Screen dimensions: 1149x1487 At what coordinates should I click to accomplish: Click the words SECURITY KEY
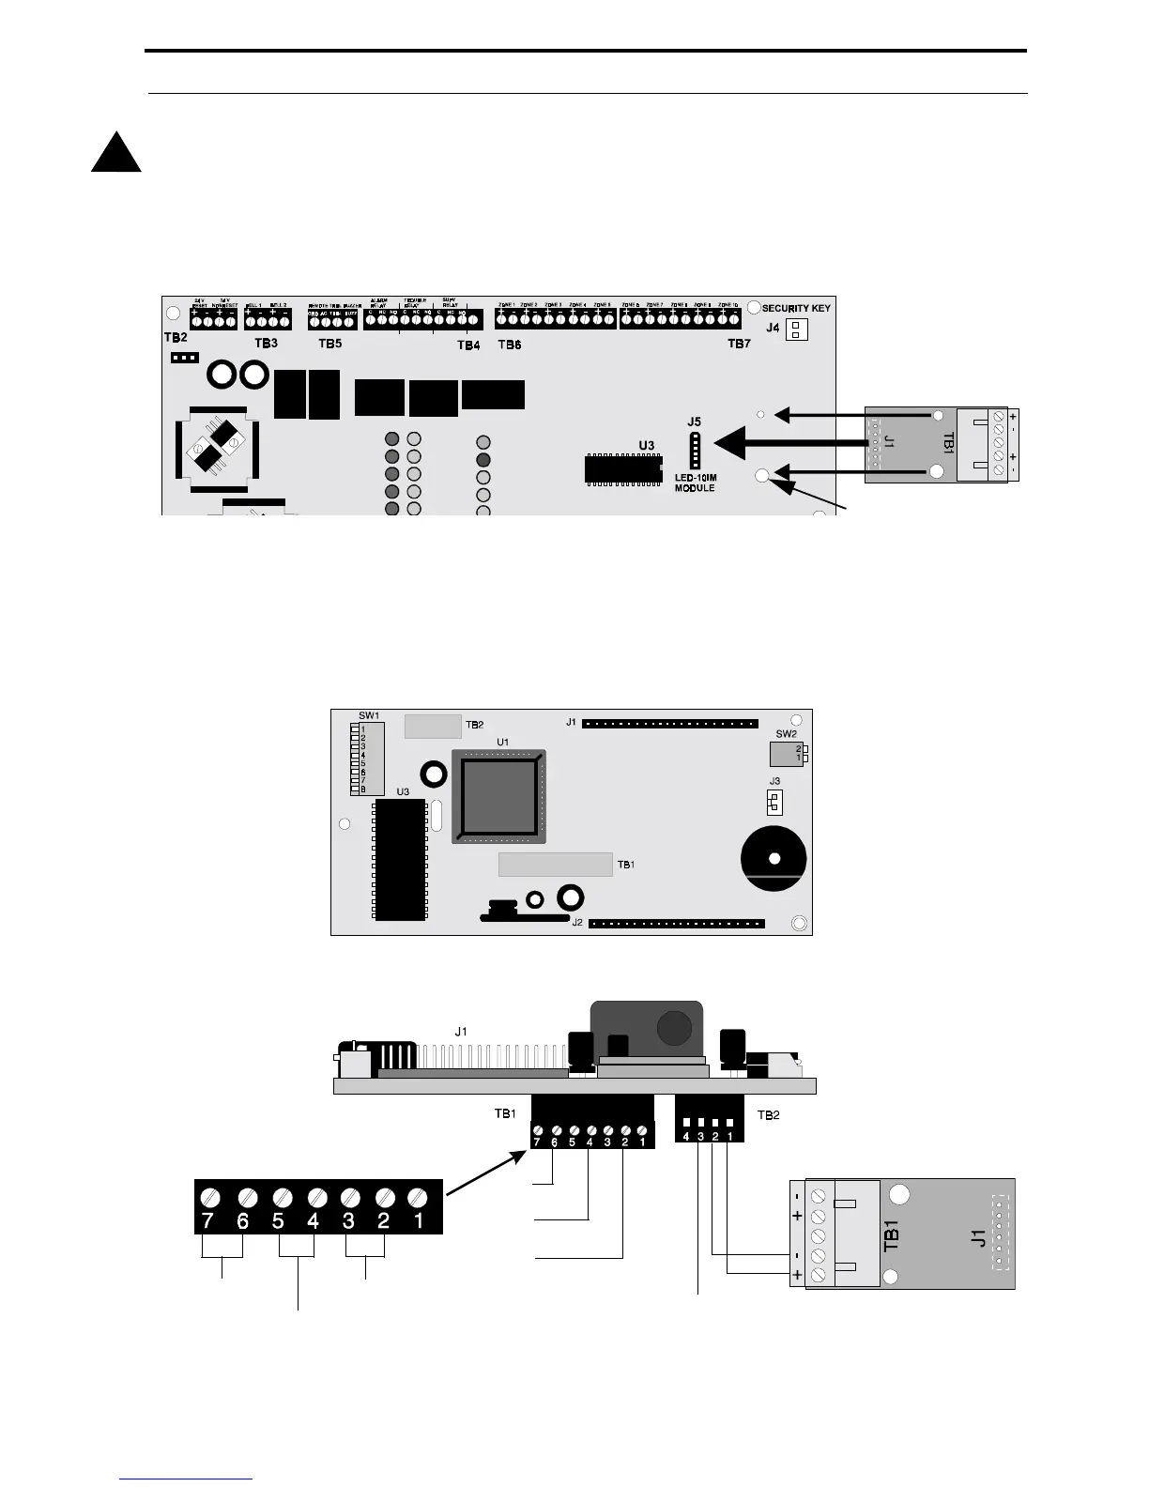796,308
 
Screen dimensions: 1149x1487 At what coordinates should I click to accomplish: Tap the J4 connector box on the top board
796,330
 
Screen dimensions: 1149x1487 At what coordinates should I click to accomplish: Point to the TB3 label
267,344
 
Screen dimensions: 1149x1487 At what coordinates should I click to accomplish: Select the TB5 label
329,344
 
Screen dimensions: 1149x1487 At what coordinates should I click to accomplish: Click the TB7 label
739,345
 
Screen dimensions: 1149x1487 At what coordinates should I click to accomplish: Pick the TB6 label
509,345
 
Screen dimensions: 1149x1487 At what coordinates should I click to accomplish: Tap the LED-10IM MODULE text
695,483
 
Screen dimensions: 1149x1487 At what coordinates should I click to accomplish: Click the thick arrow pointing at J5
789,441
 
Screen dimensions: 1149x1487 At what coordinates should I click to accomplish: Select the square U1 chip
498,796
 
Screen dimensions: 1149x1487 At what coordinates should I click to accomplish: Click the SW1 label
369,716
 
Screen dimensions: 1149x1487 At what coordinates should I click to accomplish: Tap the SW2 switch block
785,753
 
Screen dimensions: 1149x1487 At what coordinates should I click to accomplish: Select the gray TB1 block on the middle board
555,864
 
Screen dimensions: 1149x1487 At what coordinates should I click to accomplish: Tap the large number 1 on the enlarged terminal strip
419,1221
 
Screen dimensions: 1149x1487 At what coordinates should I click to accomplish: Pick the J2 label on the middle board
577,923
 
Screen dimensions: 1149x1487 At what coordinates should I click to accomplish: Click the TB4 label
468,345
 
